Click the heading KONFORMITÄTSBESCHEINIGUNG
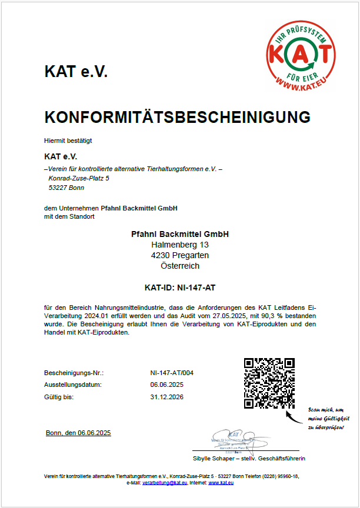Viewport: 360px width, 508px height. click(x=177, y=117)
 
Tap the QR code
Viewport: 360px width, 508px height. click(x=269, y=383)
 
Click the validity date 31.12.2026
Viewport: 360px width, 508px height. click(x=167, y=397)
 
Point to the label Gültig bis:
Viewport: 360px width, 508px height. click(x=59, y=397)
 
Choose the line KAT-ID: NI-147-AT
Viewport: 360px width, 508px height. click(x=179, y=288)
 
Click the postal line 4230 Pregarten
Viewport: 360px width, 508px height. click(x=180, y=255)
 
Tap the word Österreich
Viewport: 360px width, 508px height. click(x=180, y=266)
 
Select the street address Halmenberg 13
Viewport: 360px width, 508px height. click(x=180, y=245)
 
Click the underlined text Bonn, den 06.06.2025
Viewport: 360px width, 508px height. click(x=78, y=433)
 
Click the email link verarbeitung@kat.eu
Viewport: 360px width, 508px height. click(x=165, y=482)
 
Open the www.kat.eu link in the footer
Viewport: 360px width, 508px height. click(x=222, y=482)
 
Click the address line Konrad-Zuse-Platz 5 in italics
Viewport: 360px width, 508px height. click(x=79, y=178)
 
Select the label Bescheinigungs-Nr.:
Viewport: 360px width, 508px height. click(x=74, y=373)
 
